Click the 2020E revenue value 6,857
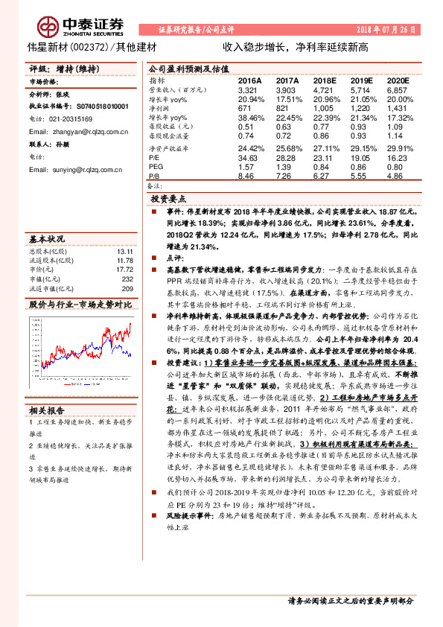click(398, 89)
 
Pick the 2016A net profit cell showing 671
click(246, 107)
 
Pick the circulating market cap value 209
click(127, 288)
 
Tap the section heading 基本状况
click(48, 239)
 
